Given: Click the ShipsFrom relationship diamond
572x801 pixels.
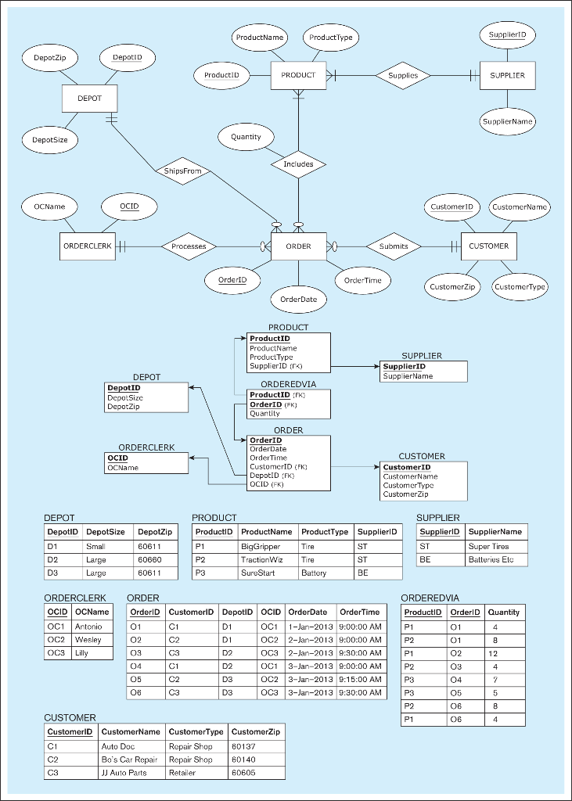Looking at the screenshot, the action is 182,171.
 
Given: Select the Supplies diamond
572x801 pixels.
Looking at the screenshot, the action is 403,76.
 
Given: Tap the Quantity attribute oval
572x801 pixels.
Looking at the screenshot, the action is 246,137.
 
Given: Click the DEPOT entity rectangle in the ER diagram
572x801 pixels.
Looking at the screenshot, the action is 89,99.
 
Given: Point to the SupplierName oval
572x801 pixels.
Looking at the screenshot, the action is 508,121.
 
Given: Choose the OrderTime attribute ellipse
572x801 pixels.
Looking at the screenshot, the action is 363,280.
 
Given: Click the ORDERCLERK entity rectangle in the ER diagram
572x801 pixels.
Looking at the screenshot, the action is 88,246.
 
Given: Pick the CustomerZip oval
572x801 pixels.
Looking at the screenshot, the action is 452,286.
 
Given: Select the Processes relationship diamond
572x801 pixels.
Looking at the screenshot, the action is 189,246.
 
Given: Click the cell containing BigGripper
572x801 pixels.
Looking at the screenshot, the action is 268,547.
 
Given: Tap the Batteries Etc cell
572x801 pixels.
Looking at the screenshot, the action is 496,559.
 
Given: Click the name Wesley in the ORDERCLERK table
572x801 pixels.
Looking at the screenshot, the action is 92,640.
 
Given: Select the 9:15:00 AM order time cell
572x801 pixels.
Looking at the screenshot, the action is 361,680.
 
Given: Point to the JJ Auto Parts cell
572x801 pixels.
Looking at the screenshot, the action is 131,773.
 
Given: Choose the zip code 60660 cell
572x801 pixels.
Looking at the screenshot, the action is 156,559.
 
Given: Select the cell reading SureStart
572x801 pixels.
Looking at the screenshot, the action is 268,573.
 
